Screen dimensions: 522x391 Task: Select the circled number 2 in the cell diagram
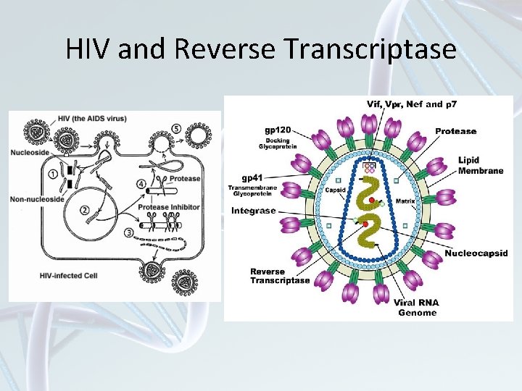[85, 210]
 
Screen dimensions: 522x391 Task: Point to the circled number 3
[129, 232]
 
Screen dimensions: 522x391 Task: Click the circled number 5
[177, 129]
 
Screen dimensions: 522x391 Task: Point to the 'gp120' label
[259, 130]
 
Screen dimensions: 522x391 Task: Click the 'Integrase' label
[253, 211]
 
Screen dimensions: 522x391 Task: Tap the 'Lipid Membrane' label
[480, 165]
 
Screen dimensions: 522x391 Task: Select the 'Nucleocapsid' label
[476, 253]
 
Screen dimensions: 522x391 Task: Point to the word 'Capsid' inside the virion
[334, 191]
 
